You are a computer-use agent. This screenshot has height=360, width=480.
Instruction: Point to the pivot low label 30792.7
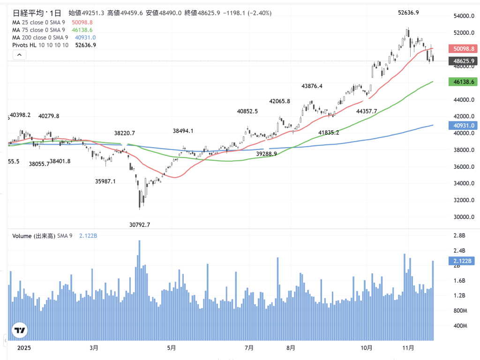tap(140, 225)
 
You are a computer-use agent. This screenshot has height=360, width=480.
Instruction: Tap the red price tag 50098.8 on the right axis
tap(463, 48)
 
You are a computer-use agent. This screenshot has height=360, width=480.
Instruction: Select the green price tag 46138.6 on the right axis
tap(463, 82)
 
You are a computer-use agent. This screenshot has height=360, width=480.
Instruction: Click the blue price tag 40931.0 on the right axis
tap(463, 125)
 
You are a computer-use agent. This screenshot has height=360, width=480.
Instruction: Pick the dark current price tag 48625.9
tap(463, 61)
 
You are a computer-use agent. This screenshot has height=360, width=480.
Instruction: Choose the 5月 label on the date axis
tap(172, 348)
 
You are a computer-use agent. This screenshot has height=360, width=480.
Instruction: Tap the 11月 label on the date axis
tap(408, 348)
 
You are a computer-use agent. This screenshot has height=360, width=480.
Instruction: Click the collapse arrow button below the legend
tap(19, 55)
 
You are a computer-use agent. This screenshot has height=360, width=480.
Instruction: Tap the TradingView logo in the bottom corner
tap(20, 330)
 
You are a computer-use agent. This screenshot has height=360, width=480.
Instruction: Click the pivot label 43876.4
tap(312, 86)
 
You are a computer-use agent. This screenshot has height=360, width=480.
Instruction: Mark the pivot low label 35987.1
tap(105, 181)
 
